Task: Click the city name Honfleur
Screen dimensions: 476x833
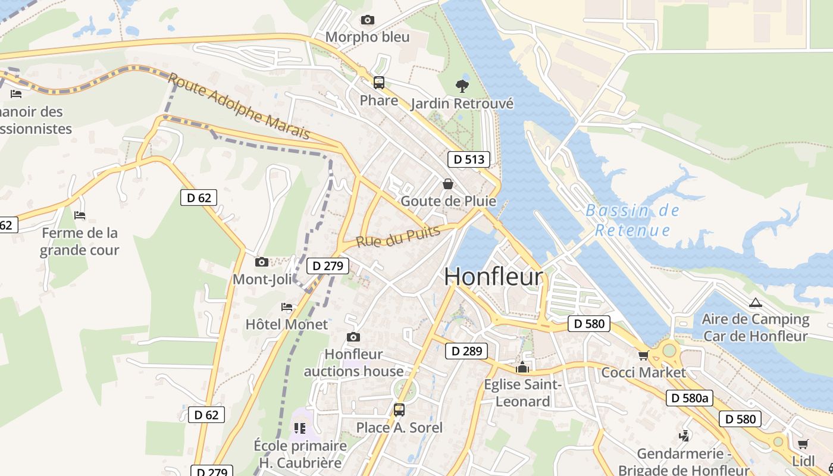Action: pyautogui.click(x=493, y=277)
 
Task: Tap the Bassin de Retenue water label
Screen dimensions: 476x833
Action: pyautogui.click(x=632, y=220)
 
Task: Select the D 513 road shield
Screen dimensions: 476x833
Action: pyautogui.click(x=468, y=159)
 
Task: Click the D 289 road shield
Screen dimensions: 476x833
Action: pyautogui.click(x=466, y=351)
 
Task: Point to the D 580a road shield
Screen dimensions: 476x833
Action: pyautogui.click(x=689, y=398)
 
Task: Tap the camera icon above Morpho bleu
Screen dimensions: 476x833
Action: pyautogui.click(x=368, y=20)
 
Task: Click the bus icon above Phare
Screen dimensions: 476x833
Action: pyautogui.click(x=378, y=83)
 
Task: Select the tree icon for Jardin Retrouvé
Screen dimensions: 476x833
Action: pyautogui.click(x=462, y=86)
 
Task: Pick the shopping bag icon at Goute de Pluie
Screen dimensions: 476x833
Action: pyautogui.click(x=448, y=184)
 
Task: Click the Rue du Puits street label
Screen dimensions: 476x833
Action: pyautogui.click(x=398, y=236)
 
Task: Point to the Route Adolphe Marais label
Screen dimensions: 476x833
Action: pyautogui.click(x=239, y=106)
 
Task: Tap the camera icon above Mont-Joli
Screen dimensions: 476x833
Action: pyautogui.click(x=261, y=262)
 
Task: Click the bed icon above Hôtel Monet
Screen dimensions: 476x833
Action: pyautogui.click(x=287, y=307)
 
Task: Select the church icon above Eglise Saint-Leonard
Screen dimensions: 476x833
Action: pyautogui.click(x=522, y=368)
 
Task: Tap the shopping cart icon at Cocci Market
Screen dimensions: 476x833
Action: pyautogui.click(x=643, y=356)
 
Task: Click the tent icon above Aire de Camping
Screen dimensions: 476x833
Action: pyautogui.click(x=755, y=302)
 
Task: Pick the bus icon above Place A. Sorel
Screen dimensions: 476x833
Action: pyautogui.click(x=399, y=410)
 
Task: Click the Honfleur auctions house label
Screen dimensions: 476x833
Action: pyautogui.click(x=353, y=363)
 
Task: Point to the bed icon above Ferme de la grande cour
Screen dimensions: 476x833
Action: pyautogui.click(x=80, y=215)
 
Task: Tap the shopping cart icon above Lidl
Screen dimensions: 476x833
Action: pyautogui.click(x=803, y=444)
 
